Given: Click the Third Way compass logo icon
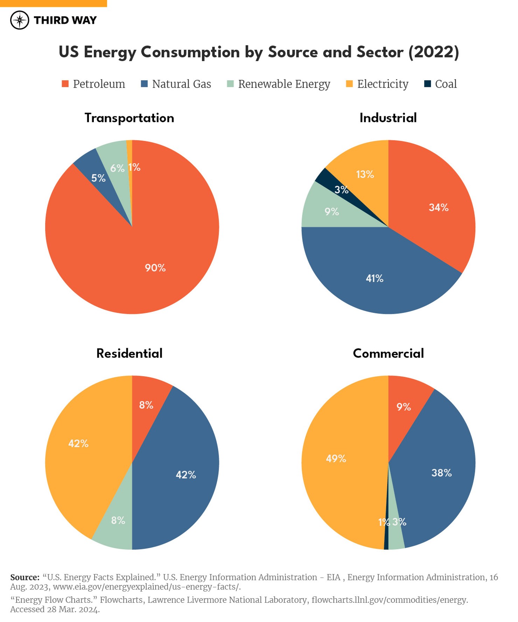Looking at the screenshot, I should pyautogui.click(x=20, y=20).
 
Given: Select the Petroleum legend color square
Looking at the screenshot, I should pyautogui.click(x=65, y=84).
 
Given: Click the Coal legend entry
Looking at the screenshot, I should pyautogui.click(x=440, y=84).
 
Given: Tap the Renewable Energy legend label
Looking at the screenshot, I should pyautogui.click(x=284, y=84).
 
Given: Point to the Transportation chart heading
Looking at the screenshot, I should pyautogui.click(x=129, y=118).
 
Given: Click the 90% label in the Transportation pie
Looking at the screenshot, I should pyautogui.click(x=155, y=268).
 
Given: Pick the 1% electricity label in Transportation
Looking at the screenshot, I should pyautogui.click(x=134, y=167).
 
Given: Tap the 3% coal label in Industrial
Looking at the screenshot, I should pyautogui.click(x=341, y=190).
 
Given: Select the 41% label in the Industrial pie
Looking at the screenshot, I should pyautogui.click(x=374, y=278).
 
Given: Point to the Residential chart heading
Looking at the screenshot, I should pyautogui.click(x=129, y=353).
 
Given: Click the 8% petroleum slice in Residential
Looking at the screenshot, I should pyautogui.click(x=146, y=405).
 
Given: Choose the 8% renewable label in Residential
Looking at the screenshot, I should pyautogui.click(x=118, y=520).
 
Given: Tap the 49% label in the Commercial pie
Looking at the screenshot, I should pyautogui.click(x=336, y=458).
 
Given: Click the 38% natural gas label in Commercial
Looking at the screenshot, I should pyautogui.click(x=441, y=473).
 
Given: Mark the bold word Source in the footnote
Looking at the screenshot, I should pyautogui.click(x=25, y=577).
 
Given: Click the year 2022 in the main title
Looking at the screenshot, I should pyautogui.click(x=433, y=52).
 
